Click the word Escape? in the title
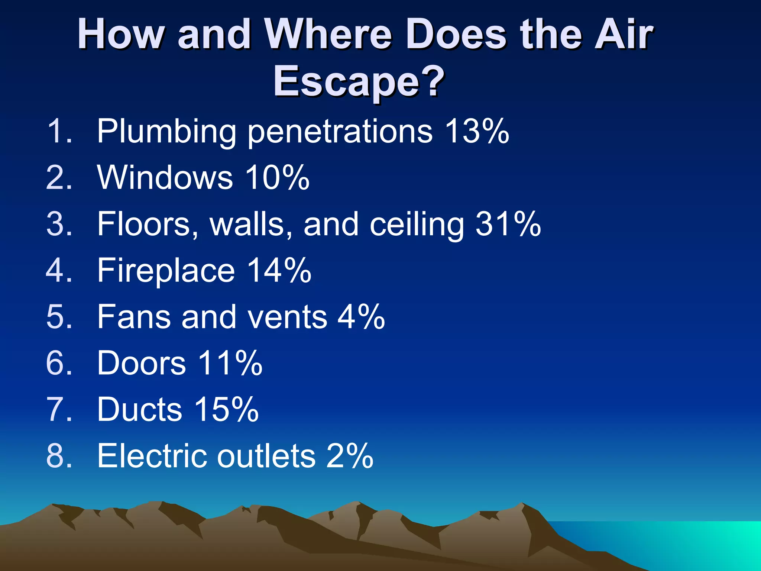click(359, 81)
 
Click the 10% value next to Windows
click(277, 177)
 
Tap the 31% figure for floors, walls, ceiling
click(508, 224)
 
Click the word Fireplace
click(166, 270)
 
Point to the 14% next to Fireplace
click(279, 270)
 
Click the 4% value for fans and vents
click(361, 317)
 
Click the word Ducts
click(139, 409)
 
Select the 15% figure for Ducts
click(226, 409)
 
